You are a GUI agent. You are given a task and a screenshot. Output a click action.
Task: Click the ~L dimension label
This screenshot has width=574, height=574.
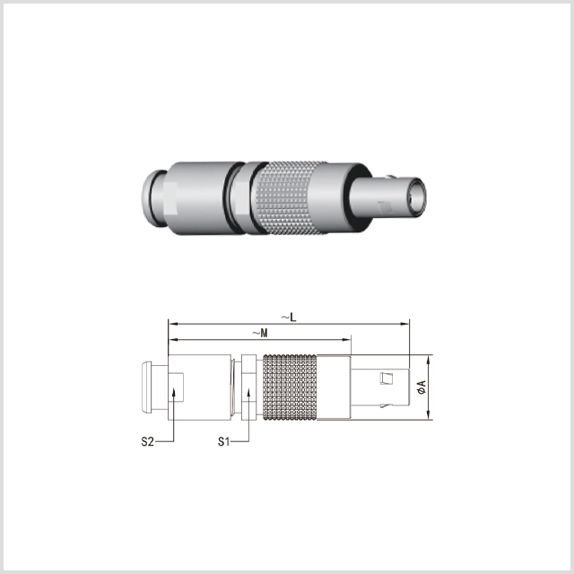pos(289,317)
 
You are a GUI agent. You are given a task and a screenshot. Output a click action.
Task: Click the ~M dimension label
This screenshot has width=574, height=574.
pos(260,333)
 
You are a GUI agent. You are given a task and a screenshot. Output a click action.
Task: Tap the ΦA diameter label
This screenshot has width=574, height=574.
pos(422,387)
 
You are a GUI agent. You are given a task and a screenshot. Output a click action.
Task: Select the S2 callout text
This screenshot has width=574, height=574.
pos(147,441)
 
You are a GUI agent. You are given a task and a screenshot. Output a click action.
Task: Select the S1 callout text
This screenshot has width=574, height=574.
pos(223,441)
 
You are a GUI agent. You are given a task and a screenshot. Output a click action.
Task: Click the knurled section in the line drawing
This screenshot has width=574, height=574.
pos(290,387)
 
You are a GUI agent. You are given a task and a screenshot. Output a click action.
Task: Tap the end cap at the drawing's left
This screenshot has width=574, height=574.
pos(146,387)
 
